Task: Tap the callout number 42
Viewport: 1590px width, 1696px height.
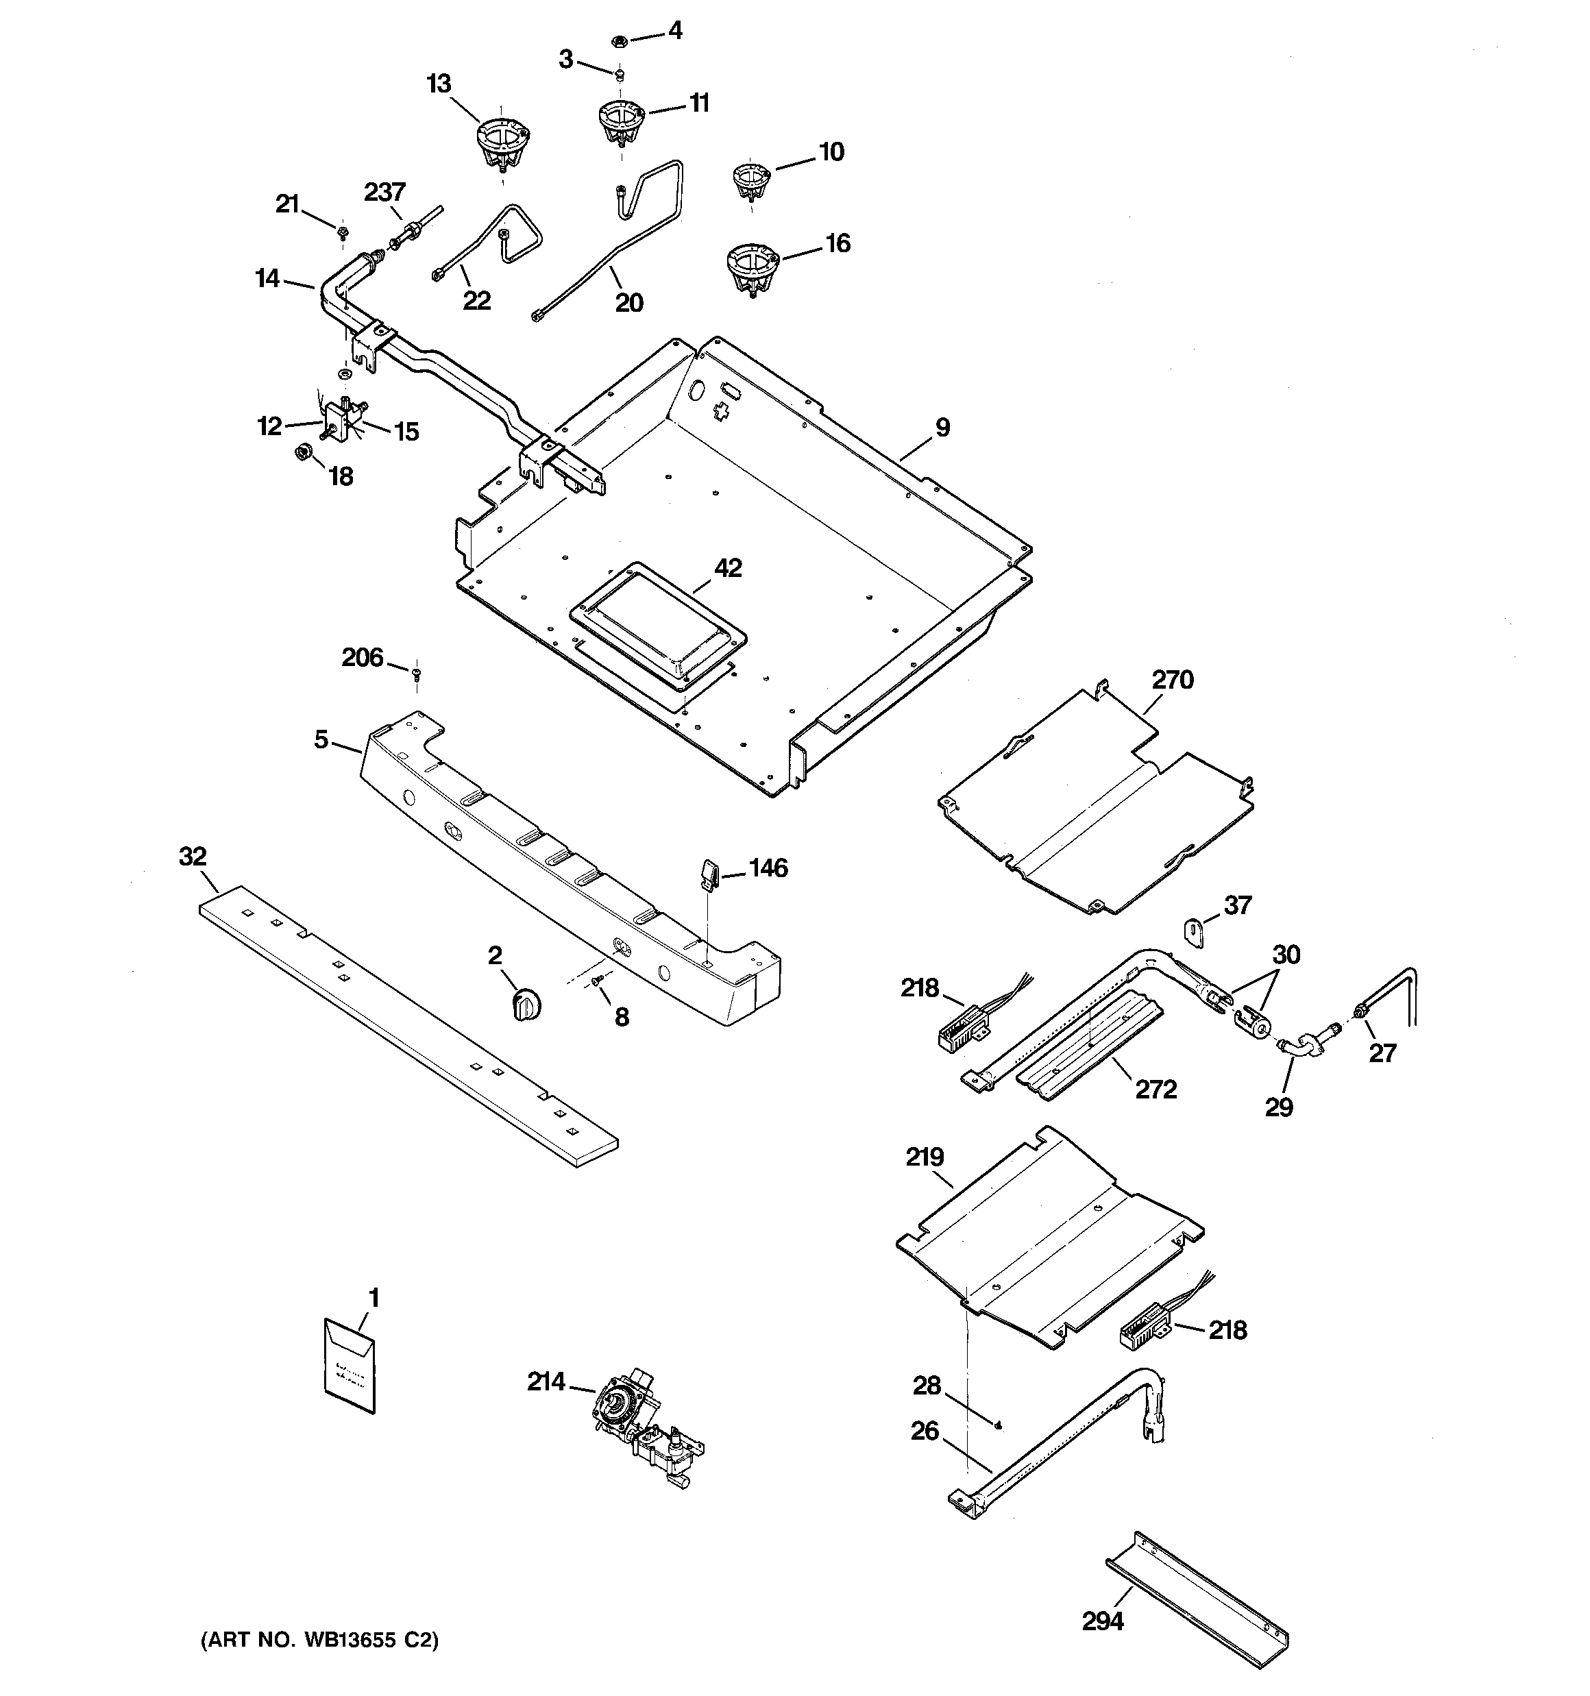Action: pyautogui.click(x=727, y=568)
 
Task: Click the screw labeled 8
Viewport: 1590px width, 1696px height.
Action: pyautogui.click(x=596, y=985)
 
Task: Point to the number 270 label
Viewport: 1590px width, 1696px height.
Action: pyautogui.click(x=1173, y=680)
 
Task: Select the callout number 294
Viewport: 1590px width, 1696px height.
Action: pyautogui.click(x=1103, y=1620)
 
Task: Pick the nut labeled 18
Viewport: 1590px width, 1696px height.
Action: pyautogui.click(x=302, y=452)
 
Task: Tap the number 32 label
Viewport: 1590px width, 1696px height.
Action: pyautogui.click(x=193, y=857)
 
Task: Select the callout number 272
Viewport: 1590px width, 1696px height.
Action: pyautogui.click(x=1155, y=1090)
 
